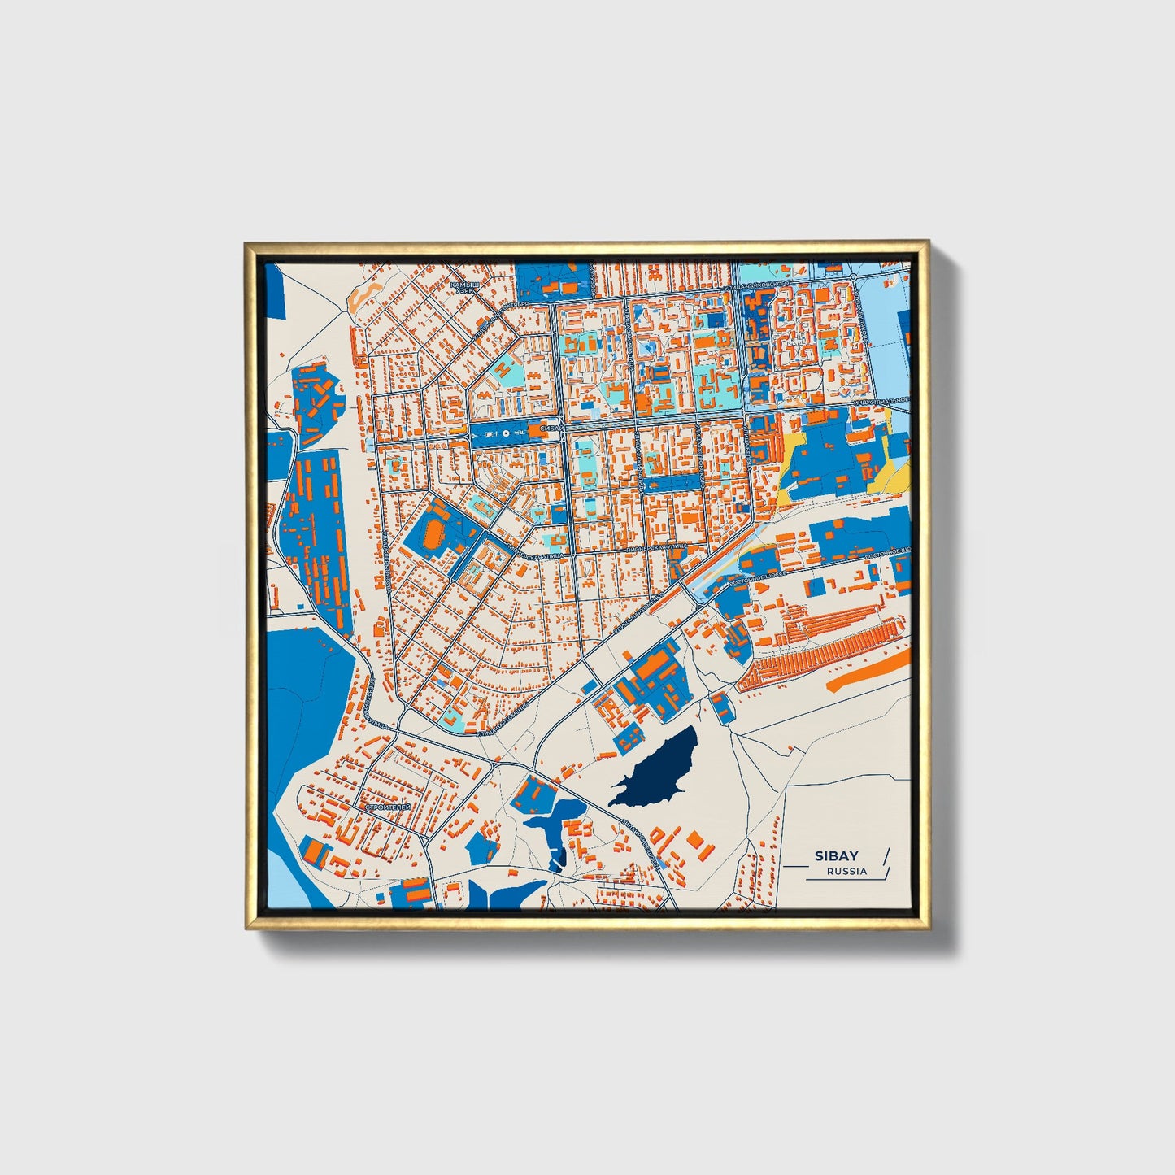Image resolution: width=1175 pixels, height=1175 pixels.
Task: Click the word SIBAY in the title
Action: pos(838,855)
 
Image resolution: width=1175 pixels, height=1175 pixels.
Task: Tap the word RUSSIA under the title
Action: pos(846,872)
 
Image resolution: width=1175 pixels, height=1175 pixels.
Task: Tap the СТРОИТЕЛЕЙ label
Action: pos(388,807)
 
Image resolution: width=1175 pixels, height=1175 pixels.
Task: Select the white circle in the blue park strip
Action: pos(506,433)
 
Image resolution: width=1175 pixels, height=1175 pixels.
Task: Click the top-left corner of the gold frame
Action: pos(246,243)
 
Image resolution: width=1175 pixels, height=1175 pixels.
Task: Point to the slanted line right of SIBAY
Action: pos(886,861)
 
